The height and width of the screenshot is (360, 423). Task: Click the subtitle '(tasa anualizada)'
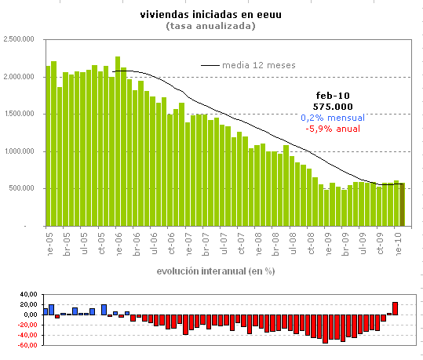tap(210, 26)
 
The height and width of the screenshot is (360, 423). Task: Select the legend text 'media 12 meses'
tap(258, 65)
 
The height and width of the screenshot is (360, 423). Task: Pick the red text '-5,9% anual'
tap(333, 129)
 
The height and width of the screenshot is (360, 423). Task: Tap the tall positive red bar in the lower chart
tap(396, 308)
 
